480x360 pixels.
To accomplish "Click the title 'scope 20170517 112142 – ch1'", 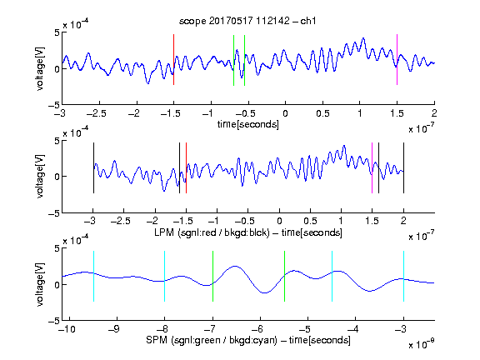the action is tap(247, 21).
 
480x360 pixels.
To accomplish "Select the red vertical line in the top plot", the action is tap(173, 59).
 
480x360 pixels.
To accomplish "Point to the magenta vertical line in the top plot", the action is tap(397, 59).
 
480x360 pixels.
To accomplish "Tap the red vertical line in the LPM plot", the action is tap(186, 167).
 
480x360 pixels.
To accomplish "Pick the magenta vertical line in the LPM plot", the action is tap(372, 167).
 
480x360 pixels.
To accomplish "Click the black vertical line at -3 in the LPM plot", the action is tap(93, 167).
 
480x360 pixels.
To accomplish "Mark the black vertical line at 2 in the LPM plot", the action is tap(403, 167).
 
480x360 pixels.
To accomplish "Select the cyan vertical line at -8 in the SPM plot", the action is tap(165, 276).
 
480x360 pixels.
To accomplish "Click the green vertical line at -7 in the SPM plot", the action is tap(212, 276).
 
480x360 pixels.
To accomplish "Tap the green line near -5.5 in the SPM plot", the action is tap(284, 276).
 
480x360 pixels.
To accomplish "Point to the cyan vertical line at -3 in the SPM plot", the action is tap(403, 276).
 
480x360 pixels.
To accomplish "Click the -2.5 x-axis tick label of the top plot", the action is tap(97, 113).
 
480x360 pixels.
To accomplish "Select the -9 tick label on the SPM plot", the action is tap(114, 329).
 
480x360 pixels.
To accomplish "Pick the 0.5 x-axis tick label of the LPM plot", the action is tap(310, 221).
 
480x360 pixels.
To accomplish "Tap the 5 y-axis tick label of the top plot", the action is tap(57, 32).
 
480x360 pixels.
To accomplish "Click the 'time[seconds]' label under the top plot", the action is tap(248, 124).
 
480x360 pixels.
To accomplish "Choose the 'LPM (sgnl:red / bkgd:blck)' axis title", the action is tap(212, 232).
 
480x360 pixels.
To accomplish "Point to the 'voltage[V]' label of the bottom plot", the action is tap(40, 284).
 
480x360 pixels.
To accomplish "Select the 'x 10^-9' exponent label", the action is tap(422, 344).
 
